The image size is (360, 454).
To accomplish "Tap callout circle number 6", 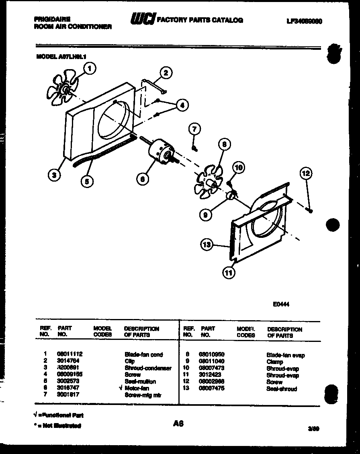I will [x=142, y=179].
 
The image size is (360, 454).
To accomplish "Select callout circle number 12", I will [x=306, y=174].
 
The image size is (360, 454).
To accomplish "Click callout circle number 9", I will [x=206, y=215].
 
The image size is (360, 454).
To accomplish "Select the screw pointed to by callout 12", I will [x=310, y=209].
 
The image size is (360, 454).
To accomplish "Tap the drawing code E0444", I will [x=281, y=304].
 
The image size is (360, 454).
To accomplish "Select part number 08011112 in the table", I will [x=70, y=354].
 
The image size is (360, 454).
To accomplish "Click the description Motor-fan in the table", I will [x=137, y=388].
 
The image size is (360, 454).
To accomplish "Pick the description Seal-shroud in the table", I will [x=282, y=389].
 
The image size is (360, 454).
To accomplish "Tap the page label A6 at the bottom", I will [x=178, y=423].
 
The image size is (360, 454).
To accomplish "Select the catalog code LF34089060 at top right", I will [x=304, y=21].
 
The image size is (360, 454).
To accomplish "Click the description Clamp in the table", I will [x=275, y=362].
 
